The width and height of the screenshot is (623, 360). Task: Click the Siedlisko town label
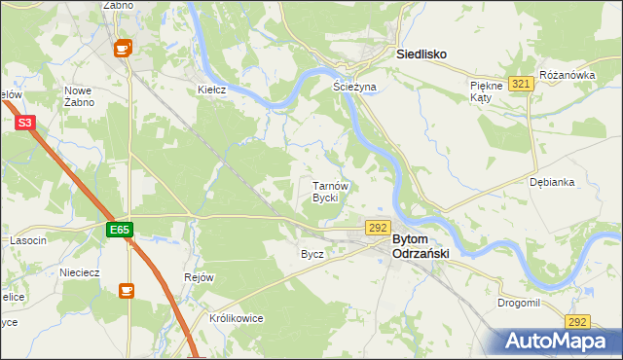pos(421,55)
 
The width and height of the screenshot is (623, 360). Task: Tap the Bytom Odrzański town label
pos(420,246)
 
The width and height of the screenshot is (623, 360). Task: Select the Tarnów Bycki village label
pos(324,191)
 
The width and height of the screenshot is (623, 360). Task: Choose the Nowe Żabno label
pos(79,95)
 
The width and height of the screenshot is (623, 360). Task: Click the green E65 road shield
pos(120,230)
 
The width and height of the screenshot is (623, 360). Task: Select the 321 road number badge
pos(521,85)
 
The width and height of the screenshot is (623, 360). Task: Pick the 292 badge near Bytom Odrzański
pos(378,227)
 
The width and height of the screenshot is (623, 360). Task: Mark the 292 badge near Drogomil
pos(577,322)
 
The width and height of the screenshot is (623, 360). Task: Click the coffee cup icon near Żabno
pos(123,47)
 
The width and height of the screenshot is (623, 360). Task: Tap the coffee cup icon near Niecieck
pos(126,290)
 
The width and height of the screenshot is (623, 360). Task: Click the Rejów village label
pos(199,277)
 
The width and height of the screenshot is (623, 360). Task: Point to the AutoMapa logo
pos(556,342)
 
